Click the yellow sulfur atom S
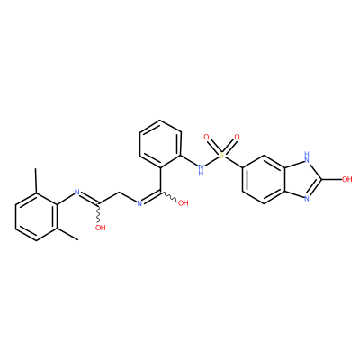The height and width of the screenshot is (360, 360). pos(221,156)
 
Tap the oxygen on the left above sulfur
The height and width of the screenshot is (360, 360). pos(206,138)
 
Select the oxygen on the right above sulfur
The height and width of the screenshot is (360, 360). pos(237,138)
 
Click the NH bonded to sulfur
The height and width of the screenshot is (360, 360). pos(201,170)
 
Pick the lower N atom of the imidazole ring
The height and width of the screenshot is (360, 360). pos(306,198)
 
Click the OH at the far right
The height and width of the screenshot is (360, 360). pos(346,179)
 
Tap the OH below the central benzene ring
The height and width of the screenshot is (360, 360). pos(183,203)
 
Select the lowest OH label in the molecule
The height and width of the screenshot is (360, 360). pos(101,228)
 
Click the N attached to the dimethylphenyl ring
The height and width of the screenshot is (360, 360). pos(76,192)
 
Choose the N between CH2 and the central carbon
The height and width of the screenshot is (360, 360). pos(139,203)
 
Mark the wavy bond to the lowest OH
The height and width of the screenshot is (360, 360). pos(98,213)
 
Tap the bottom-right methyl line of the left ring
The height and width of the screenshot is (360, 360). pos(67,234)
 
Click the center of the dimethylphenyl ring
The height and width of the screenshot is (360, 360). pos(36,216)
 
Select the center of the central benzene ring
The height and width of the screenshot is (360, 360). pos(160,144)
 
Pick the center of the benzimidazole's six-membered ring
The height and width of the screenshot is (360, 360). pos(263,179)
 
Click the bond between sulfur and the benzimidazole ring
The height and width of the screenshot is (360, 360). pos(233,162)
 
